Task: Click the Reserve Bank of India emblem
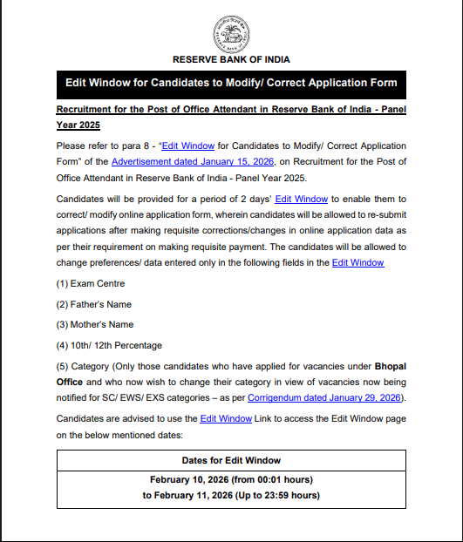tap(231, 33)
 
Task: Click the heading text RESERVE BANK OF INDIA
tap(231, 59)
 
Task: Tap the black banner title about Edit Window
tap(231, 84)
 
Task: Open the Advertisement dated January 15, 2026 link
tap(193, 162)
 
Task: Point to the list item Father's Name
tap(94, 304)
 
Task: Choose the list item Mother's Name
tap(95, 324)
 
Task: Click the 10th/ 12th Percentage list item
tap(109, 345)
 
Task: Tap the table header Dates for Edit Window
tap(231, 460)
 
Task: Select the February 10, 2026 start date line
tap(231, 480)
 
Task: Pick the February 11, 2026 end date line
tap(231, 496)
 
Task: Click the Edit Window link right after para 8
tap(190, 146)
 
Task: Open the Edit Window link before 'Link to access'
tap(226, 419)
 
